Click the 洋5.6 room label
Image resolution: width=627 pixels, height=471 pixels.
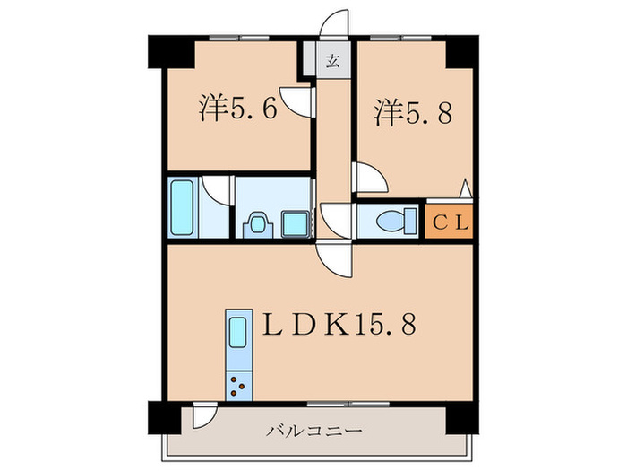pos(236,110)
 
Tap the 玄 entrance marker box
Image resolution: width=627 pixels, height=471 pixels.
pos(331,62)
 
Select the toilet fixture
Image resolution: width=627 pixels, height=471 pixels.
pos(395,219)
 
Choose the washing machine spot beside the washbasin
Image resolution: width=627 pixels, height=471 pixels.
pos(293,222)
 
